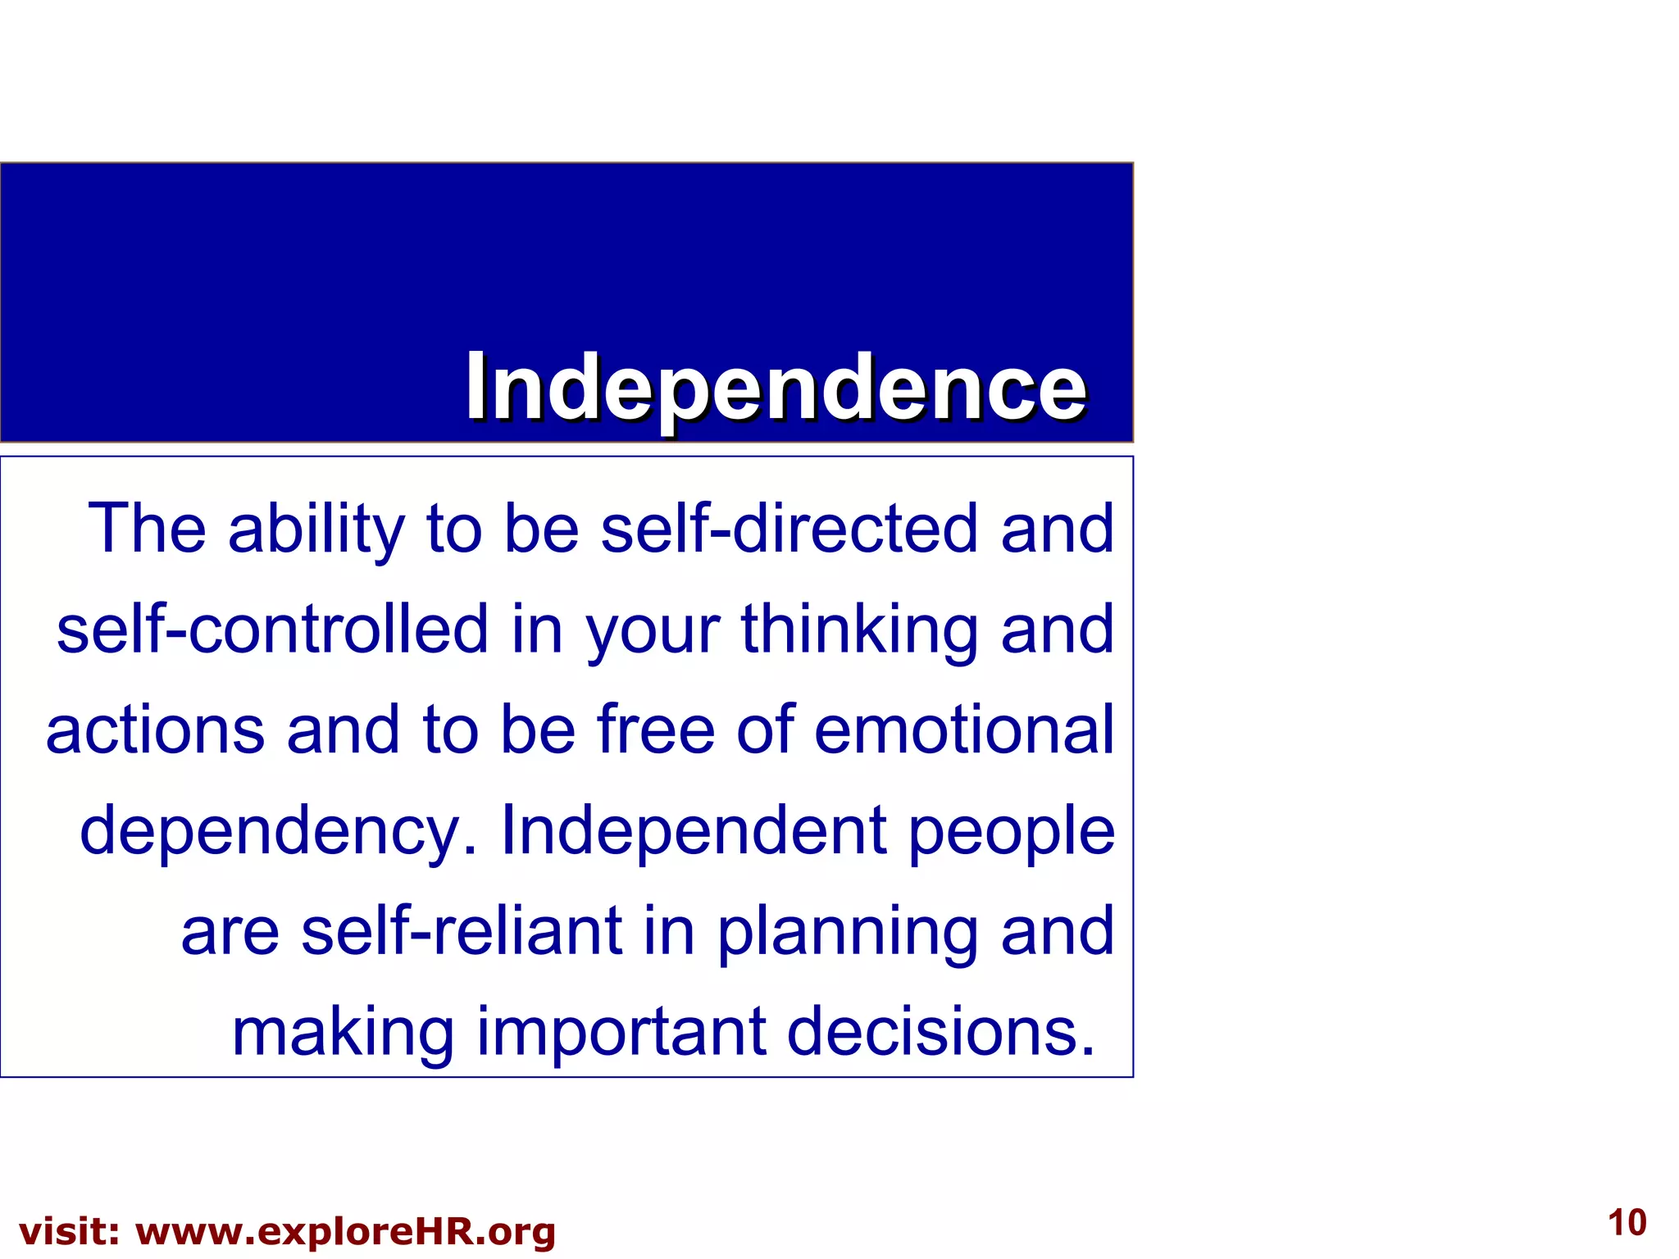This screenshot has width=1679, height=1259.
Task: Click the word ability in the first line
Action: [316, 529]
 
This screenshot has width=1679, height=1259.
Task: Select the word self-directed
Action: [789, 529]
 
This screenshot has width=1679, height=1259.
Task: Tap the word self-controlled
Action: [272, 629]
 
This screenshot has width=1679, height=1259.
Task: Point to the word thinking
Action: [859, 629]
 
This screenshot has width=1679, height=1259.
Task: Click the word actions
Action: [155, 729]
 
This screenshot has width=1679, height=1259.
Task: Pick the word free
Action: [656, 729]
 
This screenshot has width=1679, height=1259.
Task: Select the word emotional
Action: [964, 729]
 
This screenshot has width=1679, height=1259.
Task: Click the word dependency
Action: [278, 830]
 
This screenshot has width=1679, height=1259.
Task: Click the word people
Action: [1012, 830]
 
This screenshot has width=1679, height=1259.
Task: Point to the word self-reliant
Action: [462, 931]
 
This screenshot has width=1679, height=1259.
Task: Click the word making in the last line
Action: [343, 1031]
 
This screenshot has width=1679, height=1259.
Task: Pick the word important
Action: [621, 1031]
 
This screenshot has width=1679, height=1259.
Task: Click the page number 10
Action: [1627, 1223]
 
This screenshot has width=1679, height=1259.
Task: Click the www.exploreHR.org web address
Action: [345, 1232]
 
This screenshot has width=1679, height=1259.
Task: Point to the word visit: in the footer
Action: [70, 1232]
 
